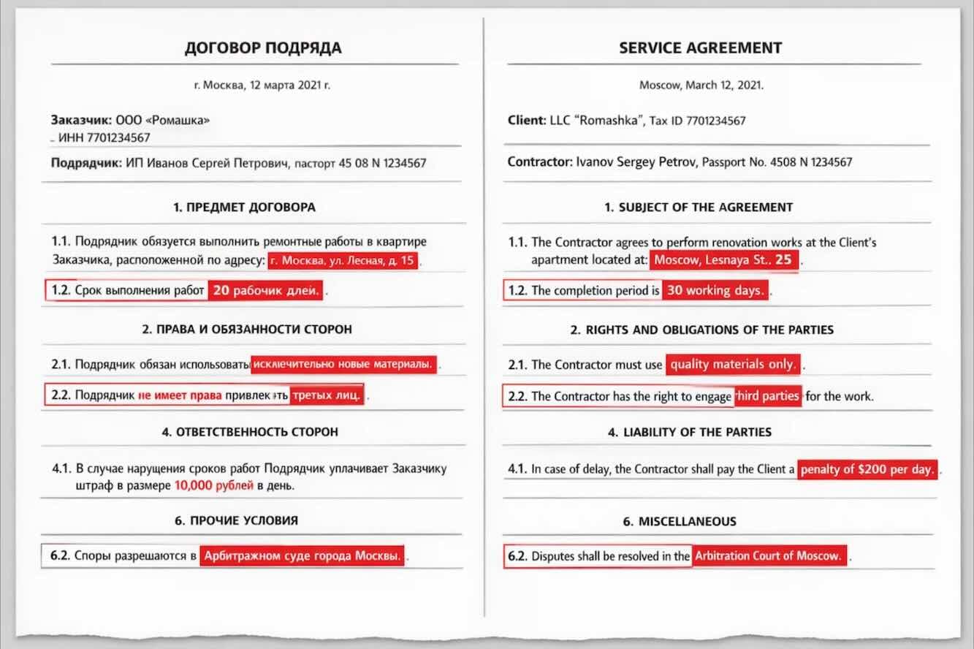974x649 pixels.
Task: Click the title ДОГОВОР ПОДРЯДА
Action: pos(262,48)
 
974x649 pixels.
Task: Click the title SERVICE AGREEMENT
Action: pos(700,48)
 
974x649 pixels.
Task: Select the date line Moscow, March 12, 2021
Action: pos(701,85)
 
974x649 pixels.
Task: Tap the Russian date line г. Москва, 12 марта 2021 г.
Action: pos(262,85)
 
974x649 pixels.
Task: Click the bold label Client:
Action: pos(526,121)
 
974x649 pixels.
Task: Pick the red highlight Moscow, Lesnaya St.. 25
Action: pos(723,260)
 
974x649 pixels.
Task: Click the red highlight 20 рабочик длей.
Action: pos(266,290)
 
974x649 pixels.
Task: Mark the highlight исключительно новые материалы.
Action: pos(343,364)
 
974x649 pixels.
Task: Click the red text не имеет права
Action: pos(180,395)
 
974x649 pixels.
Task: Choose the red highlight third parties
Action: pos(767,395)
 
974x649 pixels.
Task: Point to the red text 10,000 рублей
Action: pos(214,485)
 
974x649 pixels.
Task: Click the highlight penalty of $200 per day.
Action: pos(867,469)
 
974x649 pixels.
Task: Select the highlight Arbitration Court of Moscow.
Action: pos(768,556)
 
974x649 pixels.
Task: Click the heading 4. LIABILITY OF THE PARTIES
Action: pos(690,432)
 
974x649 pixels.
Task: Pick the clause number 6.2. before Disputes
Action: pos(517,556)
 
